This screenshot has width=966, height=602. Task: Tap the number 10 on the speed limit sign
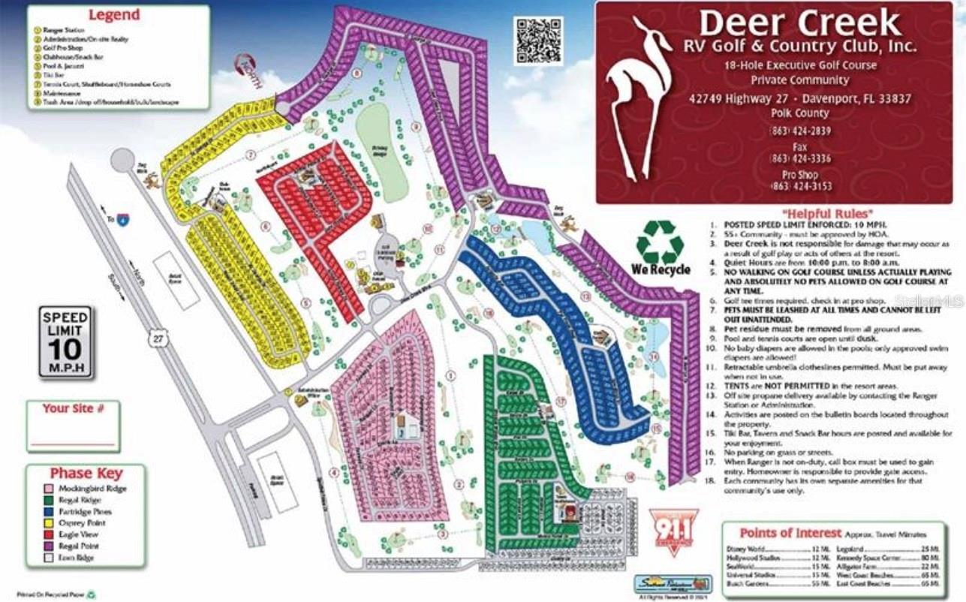(65, 350)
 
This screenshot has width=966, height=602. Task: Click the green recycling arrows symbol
(660, 242)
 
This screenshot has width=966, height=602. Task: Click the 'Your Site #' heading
(73, 408)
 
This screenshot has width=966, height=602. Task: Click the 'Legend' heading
(113, 15)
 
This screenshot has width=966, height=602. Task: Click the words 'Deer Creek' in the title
(800, 24)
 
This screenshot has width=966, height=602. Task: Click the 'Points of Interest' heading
(790, 533)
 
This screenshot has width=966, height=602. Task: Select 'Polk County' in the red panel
(799, 113)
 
